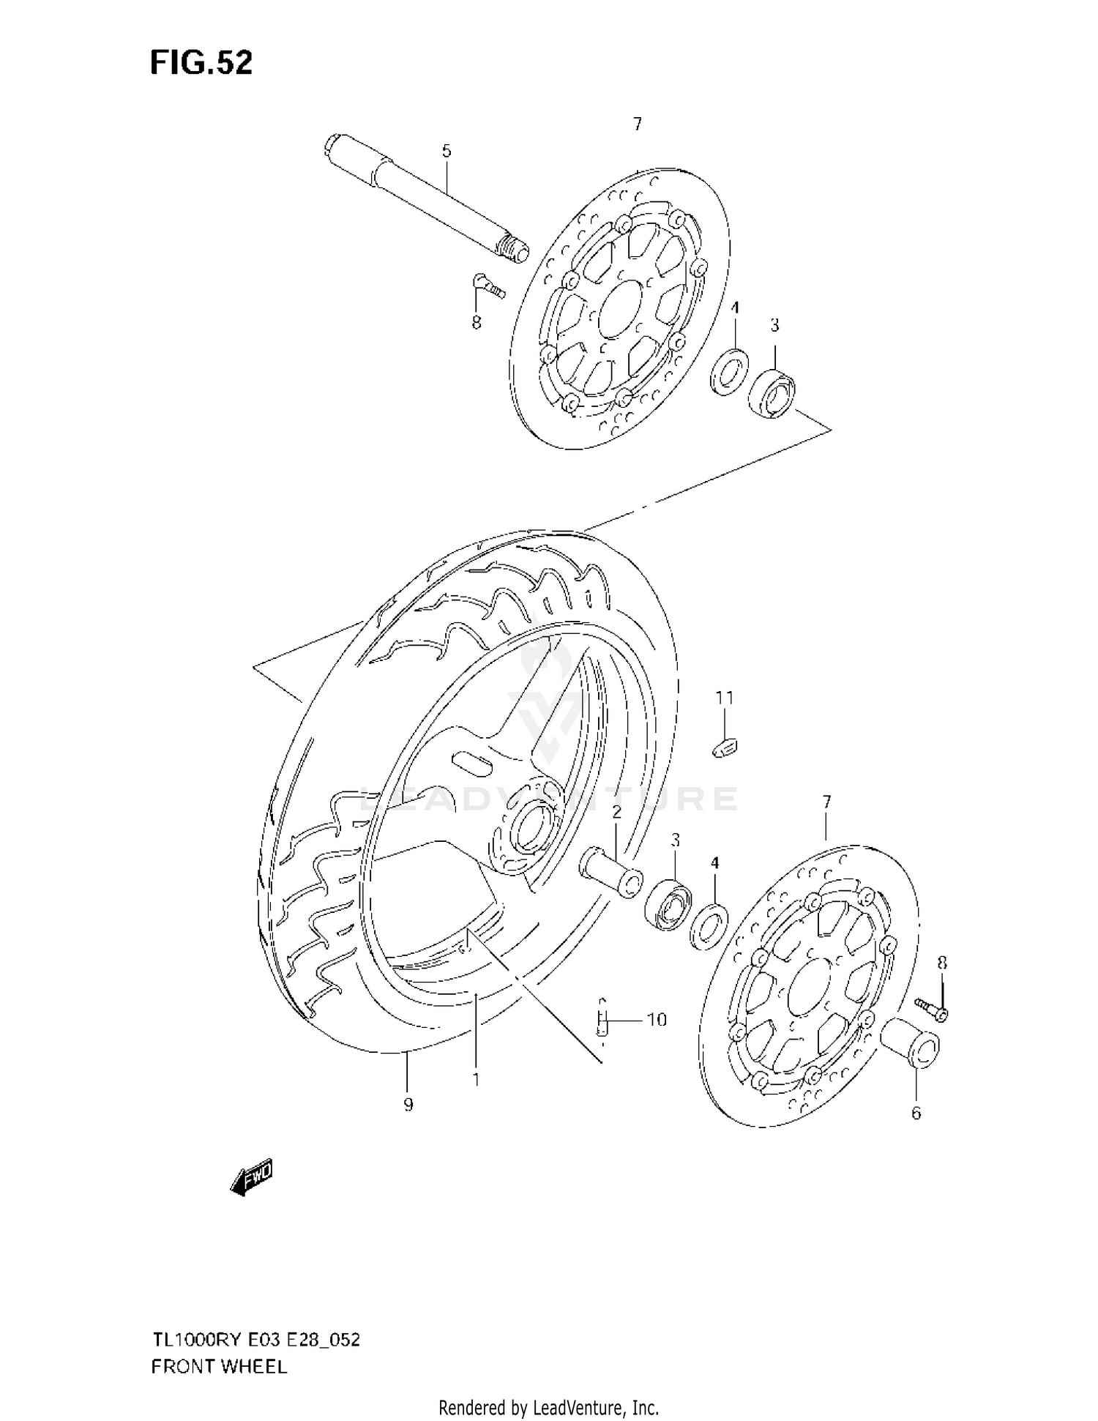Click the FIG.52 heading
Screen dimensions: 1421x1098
(x=201, y=63)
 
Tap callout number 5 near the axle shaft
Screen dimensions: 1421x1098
(x=447, y=152)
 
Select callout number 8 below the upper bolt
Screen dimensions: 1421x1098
(x=477, y=322)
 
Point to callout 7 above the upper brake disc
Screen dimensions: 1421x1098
(x=638, y=124)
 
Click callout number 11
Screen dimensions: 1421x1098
(x=724, y=698)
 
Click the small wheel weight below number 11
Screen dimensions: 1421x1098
(x=725, y=748)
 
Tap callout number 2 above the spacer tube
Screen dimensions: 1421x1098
(x=616, y=811)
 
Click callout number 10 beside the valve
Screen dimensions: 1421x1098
(x=657, y=1019)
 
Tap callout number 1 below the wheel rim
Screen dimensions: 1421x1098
(x=476, y=1079)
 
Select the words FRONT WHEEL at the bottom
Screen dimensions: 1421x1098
(x=219, y=1366)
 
